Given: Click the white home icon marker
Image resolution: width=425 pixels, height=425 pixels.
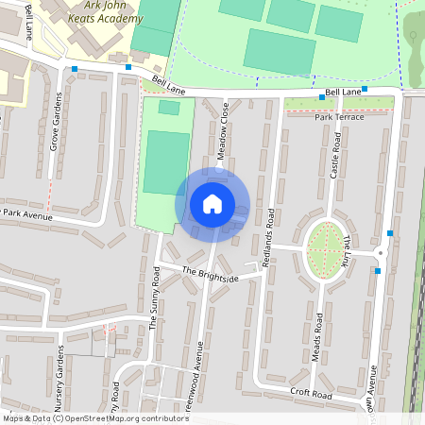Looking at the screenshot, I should pos(212,203).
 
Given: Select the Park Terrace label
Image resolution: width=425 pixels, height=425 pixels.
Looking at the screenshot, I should pos(339,116).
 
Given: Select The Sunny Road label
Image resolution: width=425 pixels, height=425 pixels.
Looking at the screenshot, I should pos(155,297).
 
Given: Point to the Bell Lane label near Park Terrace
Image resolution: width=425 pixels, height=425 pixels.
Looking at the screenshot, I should pos(343,93).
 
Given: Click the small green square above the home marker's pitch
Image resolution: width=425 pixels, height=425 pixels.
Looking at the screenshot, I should pos(168,108).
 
